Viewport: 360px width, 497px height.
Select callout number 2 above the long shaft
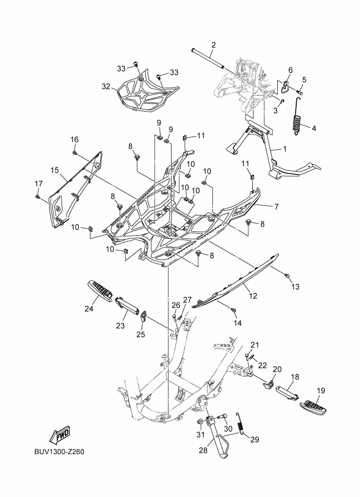coord(213,45)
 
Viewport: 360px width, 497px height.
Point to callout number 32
coord(106,87)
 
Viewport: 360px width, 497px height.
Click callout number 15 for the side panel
coord(54,170)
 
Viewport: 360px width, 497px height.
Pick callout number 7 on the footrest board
coord(276,206)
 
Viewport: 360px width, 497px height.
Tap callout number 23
coord(120,326)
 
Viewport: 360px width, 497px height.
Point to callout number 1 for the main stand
coord(283,149)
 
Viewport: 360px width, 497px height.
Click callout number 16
coord(75,139)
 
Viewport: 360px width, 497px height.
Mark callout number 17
coord(38,182)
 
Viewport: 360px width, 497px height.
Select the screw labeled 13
coord(287,277)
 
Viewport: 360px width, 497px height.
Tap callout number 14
coord(237,323)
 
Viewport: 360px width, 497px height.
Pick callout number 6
coord(290,70)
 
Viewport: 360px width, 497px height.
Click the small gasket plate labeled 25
coord(143,316)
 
